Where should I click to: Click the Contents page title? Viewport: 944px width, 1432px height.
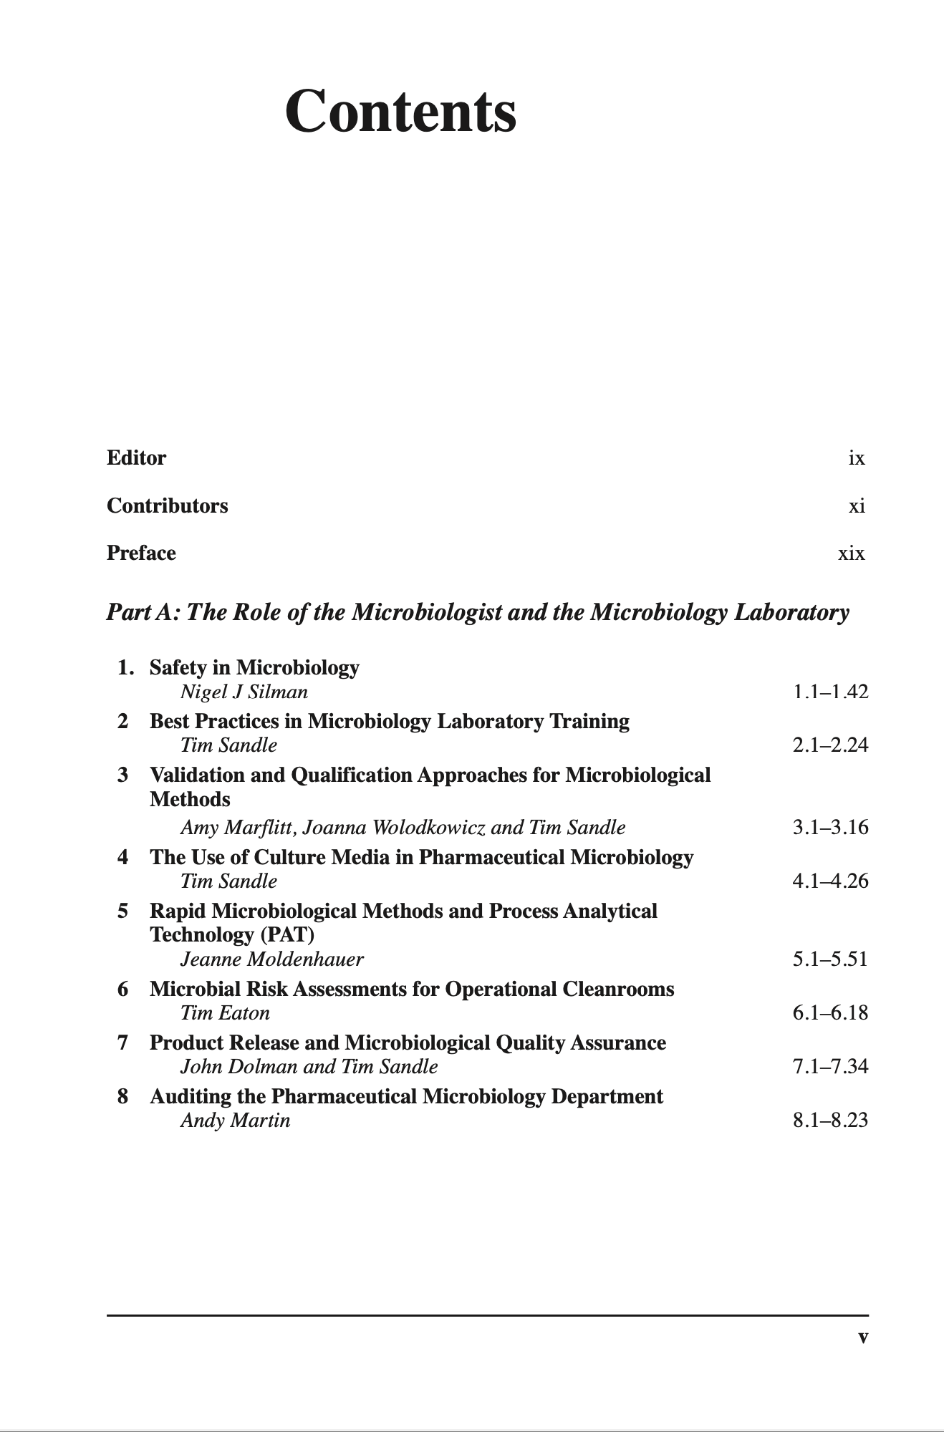click(x=400, y=112)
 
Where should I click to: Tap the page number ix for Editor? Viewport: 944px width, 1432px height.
click(x=857, y=458)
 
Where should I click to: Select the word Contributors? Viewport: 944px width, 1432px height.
click(x=167, y=505)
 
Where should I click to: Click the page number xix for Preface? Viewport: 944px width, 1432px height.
click(x=852, y=553)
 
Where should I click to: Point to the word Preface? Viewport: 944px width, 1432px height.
click(x=141, y=553)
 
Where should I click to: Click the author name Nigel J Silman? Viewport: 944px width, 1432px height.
click(x=244, y=692)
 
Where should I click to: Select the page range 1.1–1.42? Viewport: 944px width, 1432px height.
click(x=830, y=692)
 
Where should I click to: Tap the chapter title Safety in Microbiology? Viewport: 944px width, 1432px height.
click(x=254, y=667)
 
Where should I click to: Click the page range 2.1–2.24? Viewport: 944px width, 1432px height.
click(x=830, y=745)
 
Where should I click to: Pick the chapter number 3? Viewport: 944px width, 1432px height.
click(x=123, y=775)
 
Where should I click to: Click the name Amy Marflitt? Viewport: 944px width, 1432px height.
click(x=239, y=828)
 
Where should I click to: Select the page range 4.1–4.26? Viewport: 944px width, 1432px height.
click(x=830, y=881)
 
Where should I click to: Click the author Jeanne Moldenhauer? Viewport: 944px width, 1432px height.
click(x=271, y=959)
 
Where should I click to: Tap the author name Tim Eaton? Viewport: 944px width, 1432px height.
click(x=225, y=1013)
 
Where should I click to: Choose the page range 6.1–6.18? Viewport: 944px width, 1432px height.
click(x=830, y=1013)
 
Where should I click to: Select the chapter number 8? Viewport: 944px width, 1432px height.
click(x=123, y=1096)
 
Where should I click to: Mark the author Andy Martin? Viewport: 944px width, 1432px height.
click(x=235, y=1121)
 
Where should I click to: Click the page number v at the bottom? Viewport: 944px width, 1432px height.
click(x=863, y=1337)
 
